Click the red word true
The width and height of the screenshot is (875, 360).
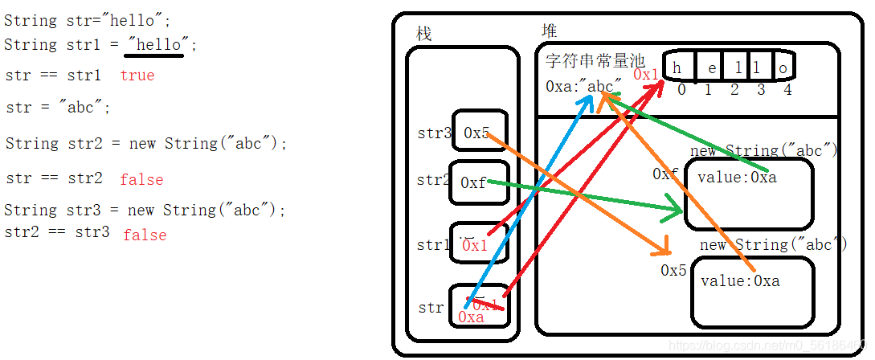pos(137,76)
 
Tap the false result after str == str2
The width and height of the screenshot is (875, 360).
pos(141,180)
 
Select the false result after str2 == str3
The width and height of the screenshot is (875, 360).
pos(145,235)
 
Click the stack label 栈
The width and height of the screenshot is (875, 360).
pos(423,34)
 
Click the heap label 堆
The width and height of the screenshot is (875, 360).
pos(550,31)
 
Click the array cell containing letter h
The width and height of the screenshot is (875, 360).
pos(678,68)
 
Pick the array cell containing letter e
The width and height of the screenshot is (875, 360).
pos(712,68)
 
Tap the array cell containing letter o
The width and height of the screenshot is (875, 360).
pos(783,68)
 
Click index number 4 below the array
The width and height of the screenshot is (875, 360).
pos(787,90)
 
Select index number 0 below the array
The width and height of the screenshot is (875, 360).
pos(681,90)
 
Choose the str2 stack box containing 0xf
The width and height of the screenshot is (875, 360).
pos(476,183)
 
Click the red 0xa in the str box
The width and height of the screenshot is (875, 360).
pos(471,317)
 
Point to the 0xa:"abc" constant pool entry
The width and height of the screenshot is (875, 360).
pos(583,86)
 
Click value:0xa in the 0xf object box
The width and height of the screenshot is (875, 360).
pos(737,178)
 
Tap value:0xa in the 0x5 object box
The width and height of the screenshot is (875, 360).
pos(740,281)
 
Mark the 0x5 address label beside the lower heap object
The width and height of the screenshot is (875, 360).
pos(673,271)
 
